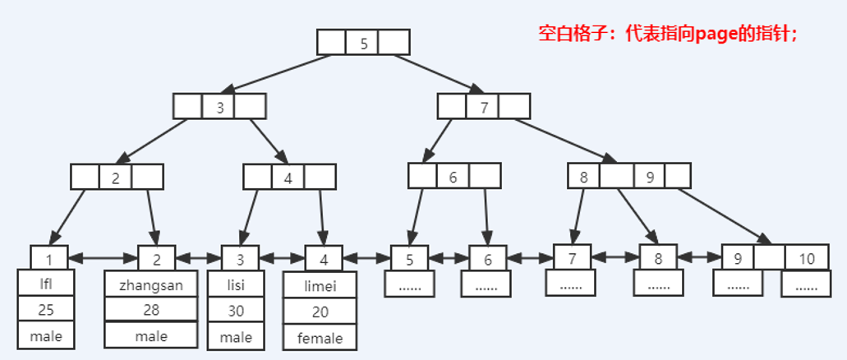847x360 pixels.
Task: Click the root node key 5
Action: point(363,43)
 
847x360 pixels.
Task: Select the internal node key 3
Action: point(219,106)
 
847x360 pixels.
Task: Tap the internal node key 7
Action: point(484,106)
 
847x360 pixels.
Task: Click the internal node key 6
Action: point(453,176)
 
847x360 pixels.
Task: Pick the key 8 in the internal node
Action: point(583,176)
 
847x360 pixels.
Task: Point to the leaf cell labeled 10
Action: point(806,259)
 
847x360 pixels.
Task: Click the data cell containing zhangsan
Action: point(150,285)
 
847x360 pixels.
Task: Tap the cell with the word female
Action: point(320,337)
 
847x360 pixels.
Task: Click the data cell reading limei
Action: point(320,285)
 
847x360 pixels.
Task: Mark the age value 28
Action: point(150,310)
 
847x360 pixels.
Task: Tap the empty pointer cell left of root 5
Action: point(332,43)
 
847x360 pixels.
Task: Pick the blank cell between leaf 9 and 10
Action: point(770,259)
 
